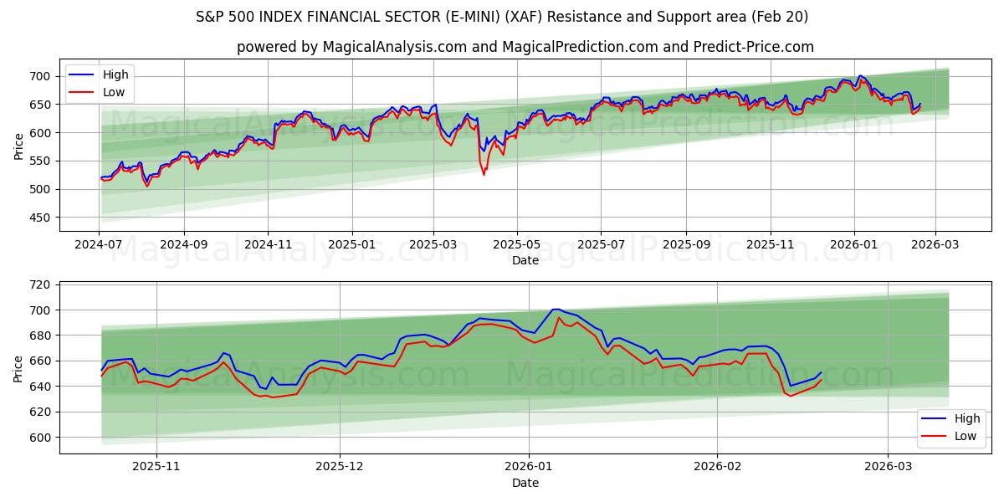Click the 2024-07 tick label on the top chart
[x=99, y=244]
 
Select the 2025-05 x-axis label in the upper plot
[x=516, y=244]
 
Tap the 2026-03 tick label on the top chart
[x=935, y=244]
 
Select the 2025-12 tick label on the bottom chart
[x=341, y=467]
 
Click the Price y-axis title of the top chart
[x=19, y=146]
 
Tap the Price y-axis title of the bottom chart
[x=19, y=367]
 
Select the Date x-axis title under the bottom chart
[x=525, y=483]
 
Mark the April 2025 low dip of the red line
[x=484, y=174]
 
